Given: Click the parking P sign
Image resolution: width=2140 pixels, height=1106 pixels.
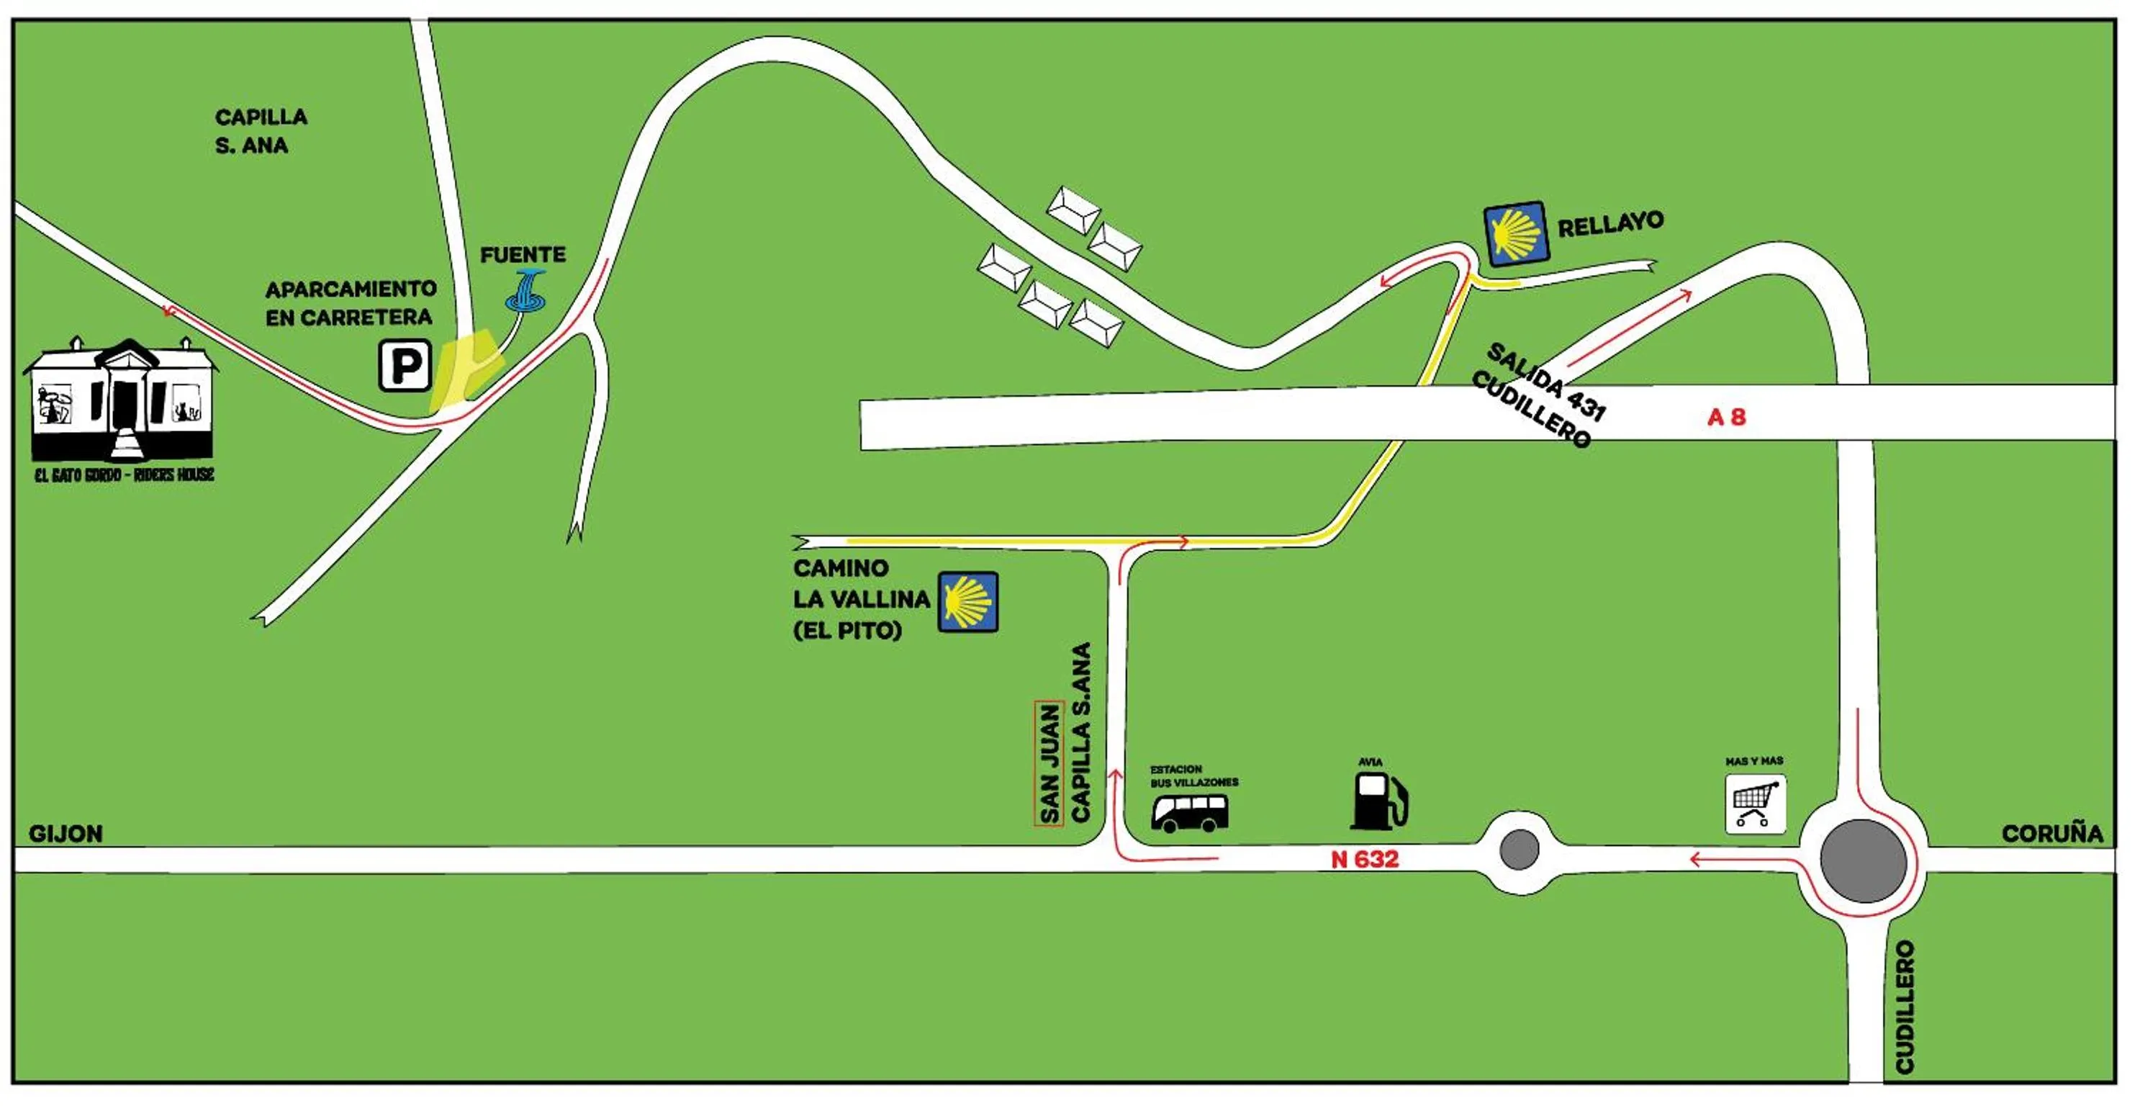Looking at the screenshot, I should pyautogui.click(x=405, y=366).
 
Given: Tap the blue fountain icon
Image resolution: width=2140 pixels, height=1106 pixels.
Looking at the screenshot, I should pyautogui.click(x=527, y=292).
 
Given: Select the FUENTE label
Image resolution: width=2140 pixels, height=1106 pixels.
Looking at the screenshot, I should pyautogui.click(x=523, y=255).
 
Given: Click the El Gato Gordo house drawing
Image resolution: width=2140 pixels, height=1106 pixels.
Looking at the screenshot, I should pyautogui.click(x=123, y=400).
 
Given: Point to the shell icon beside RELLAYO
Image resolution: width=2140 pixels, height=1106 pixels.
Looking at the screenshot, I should pyautogui.click(x=1515, y=234).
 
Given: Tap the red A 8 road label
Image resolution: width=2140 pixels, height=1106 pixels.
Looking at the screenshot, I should pyautogui.click(x=1725, y=417).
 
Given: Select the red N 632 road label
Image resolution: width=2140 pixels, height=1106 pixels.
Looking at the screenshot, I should pyautogui.click(x=1364, y=860).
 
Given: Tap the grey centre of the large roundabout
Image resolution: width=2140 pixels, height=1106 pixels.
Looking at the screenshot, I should pyautogui.click(x=1863, y=862).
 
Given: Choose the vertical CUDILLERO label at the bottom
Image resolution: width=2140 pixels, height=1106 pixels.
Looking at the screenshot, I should pyautogui.click(x=1904, y=1007).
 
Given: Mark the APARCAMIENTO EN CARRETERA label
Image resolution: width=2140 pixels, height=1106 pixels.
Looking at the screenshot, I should pyautogui.click(x=350, y=303).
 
